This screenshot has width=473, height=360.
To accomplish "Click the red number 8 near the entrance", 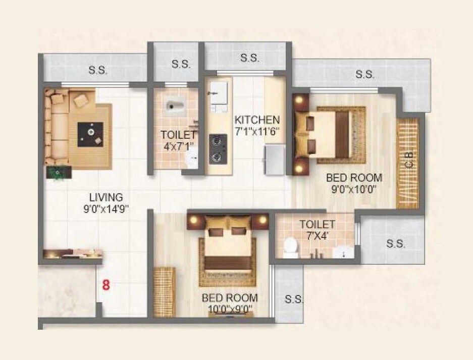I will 106,284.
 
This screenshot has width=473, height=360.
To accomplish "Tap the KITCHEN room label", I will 256,120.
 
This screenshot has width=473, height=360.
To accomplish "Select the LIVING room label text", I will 106,197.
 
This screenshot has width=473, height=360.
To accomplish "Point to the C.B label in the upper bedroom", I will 409,160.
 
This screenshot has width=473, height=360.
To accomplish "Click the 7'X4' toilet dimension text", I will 317,235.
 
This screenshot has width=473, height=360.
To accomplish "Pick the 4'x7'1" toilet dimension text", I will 178,146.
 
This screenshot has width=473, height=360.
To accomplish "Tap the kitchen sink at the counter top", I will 219,93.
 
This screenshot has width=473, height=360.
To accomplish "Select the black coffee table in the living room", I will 91,134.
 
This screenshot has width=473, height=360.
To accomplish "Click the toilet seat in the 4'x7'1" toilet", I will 175,107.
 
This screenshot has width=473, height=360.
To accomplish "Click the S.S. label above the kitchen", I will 249,58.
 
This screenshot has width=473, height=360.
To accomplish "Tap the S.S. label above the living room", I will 98,71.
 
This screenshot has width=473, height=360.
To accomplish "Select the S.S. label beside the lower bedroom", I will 294,299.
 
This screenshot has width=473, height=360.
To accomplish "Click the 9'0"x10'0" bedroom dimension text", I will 354,190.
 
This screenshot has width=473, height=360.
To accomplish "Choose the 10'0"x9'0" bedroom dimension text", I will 230,309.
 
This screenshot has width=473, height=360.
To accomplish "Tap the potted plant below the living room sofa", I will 59,172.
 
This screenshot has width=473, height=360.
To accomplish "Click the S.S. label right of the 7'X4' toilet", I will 396,244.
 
